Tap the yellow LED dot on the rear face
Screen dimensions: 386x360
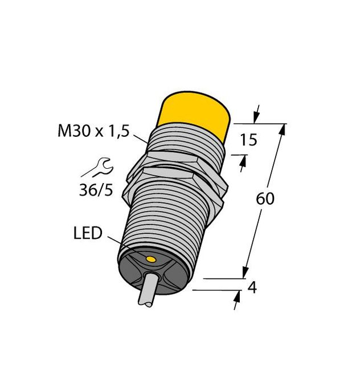coord(150,260)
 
